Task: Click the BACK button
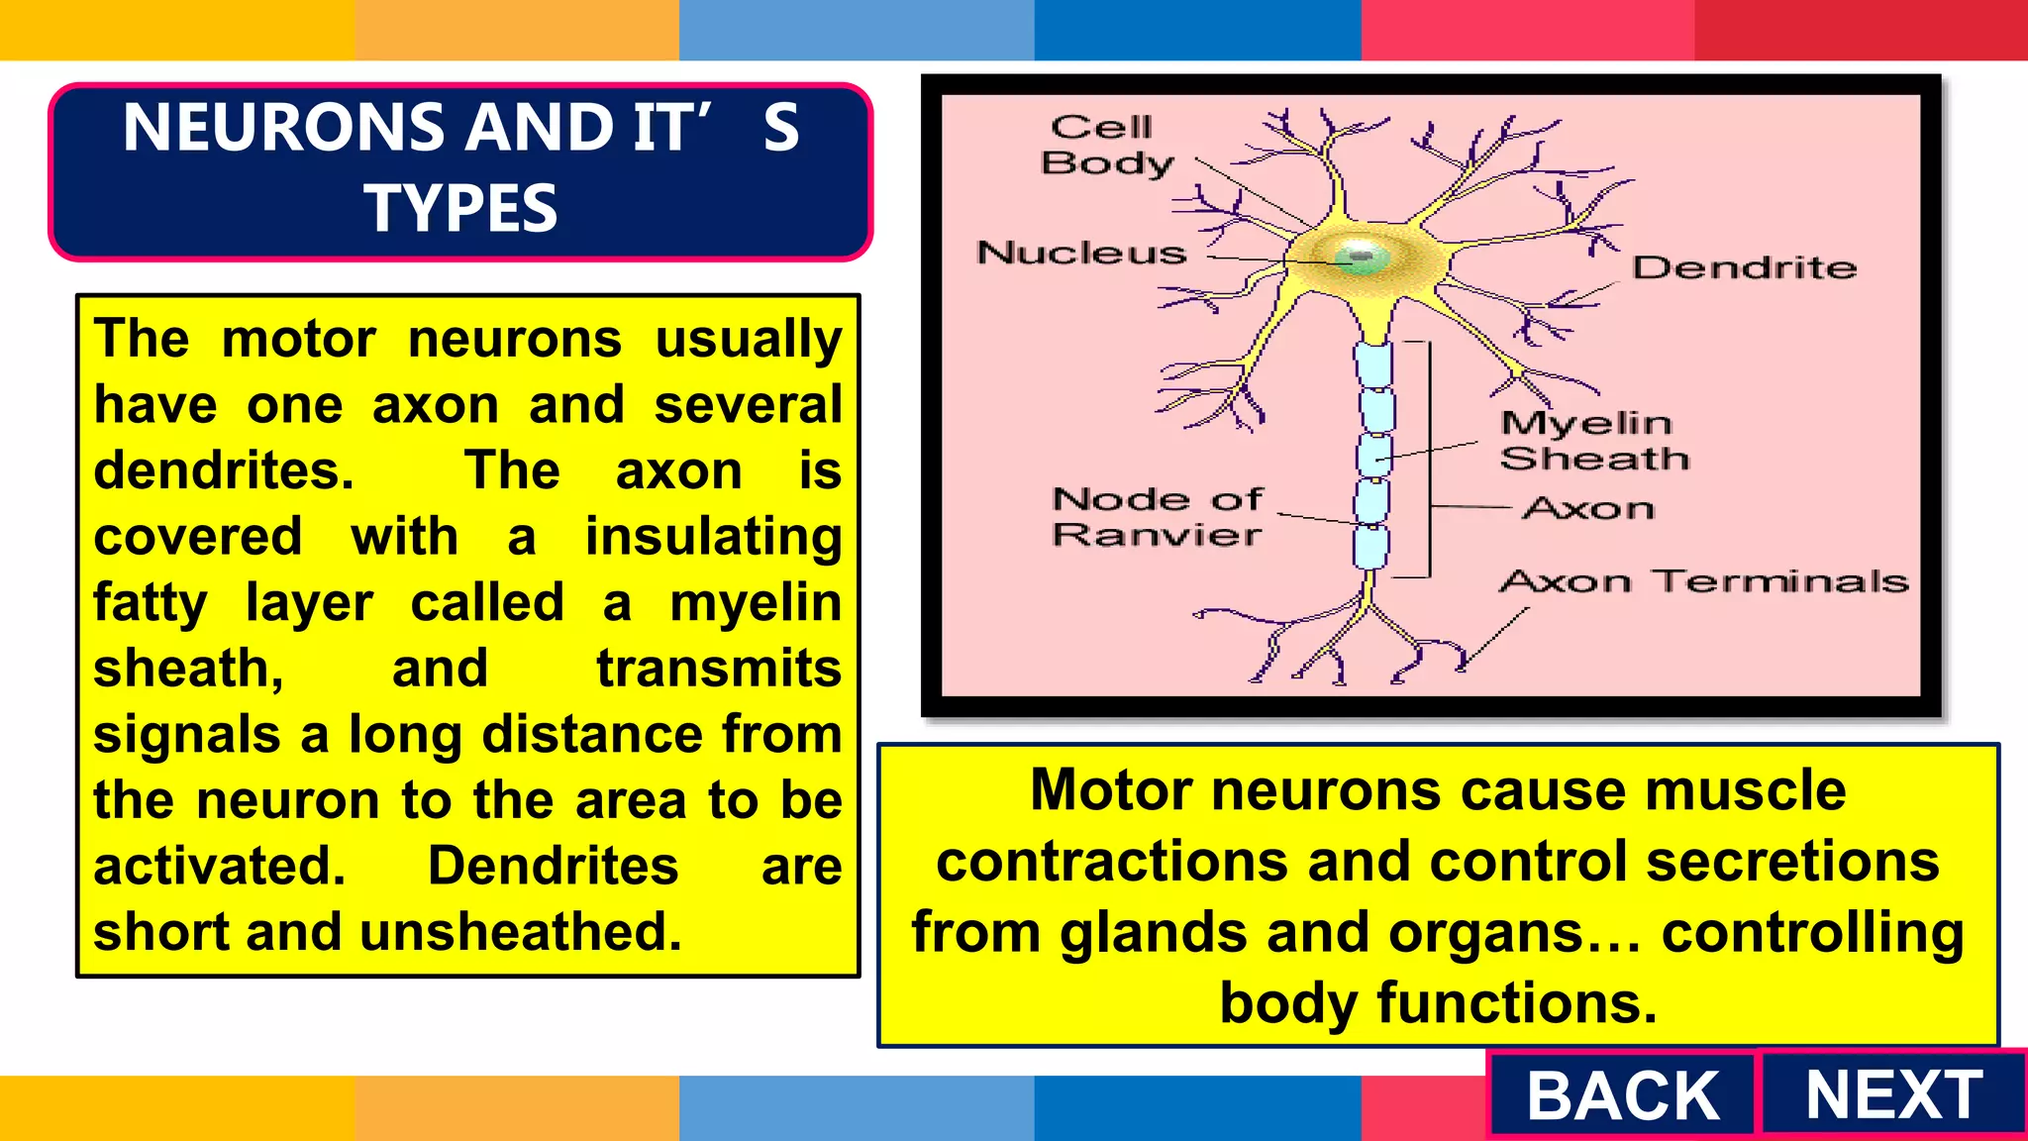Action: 1622,1095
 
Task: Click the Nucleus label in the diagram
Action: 1081,254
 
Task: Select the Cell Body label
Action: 1106,145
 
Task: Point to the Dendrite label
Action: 1744,267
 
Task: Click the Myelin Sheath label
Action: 1593,441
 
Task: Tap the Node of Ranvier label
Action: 1157,517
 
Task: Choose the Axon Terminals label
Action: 1703,581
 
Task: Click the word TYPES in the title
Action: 460,209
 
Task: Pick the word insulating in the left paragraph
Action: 713,537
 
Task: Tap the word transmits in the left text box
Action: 719,669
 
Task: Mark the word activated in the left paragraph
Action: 220,867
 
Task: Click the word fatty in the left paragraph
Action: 151,603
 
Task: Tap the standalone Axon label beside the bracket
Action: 1588,509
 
